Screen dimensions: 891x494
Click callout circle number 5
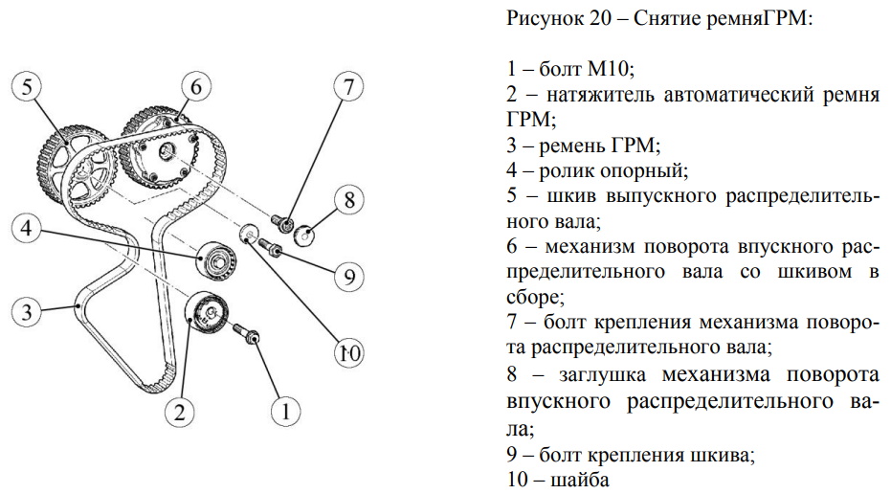click(x=27, y=87)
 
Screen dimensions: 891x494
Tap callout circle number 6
click(x=196, y=87)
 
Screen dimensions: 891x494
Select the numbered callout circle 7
click(x=347, y=87)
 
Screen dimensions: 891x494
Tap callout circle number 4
click(x=27, y=229)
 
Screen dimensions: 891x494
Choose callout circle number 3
click(x=27, y=312)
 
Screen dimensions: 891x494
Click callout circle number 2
click(x=180, y=411)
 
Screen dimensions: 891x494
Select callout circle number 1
click(x=285, y=411)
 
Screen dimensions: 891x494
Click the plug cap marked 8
click(x=304, y=235)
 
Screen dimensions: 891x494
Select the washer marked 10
click(x=249, y=233)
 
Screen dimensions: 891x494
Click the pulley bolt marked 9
click(x=271, y=246)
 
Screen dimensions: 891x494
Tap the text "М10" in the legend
click(x=609, y=69)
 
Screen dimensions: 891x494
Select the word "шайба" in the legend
click(x=580, y=480)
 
